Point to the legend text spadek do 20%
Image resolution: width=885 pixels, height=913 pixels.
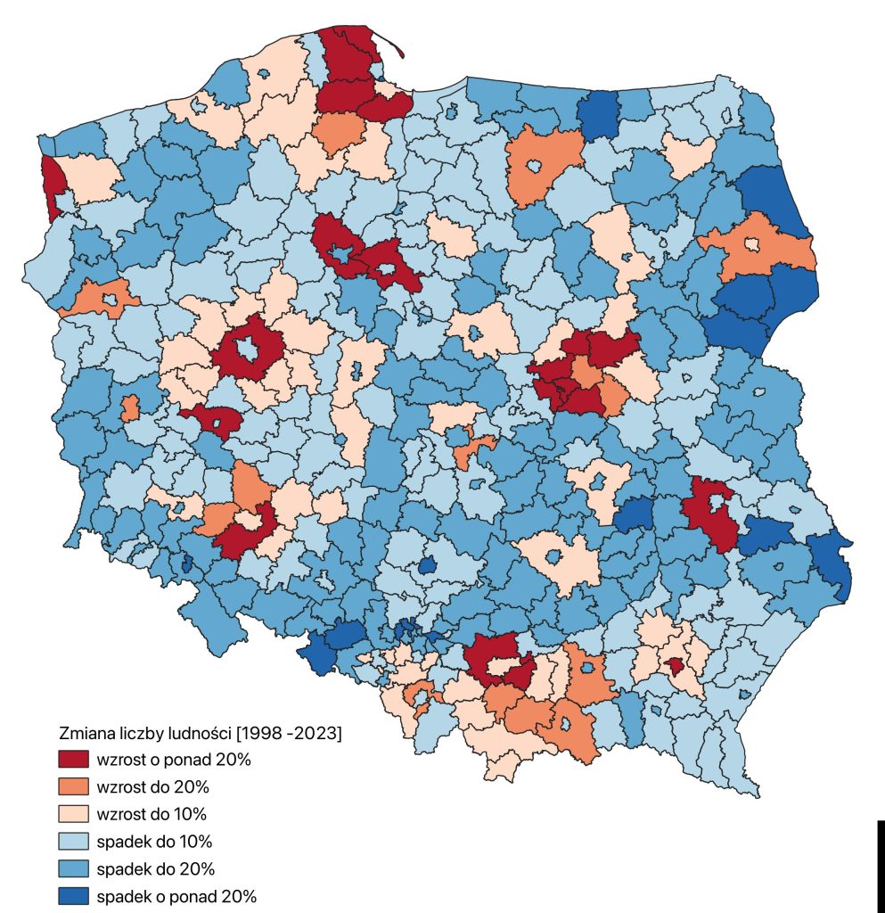(x=155, y=868)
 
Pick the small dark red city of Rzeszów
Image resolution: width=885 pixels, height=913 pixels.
(x=677, y=664)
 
